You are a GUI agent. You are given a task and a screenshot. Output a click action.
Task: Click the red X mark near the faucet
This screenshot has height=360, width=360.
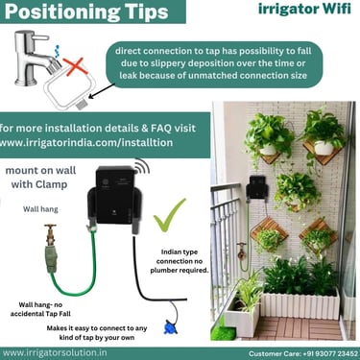[x=75, y=66]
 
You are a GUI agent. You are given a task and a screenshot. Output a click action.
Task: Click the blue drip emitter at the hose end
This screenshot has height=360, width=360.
[x=169, y=327]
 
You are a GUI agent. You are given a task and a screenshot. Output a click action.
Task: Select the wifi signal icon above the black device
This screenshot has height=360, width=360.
[x=142, y=166]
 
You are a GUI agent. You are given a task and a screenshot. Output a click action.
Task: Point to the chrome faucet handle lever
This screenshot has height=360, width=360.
[x=40, y=37]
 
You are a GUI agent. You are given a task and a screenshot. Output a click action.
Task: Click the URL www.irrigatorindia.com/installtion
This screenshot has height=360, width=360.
[x=86, y=142]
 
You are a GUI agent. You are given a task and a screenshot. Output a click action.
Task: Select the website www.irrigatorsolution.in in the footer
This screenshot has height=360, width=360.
[x=55, y=353]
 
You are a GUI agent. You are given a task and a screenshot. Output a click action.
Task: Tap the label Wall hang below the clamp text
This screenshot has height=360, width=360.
[x=40, y=209]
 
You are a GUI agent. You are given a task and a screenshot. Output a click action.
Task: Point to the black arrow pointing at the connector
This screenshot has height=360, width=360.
[x=103, y=90]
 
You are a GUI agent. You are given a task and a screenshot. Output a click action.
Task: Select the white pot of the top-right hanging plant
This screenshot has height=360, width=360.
[x=324, y=148]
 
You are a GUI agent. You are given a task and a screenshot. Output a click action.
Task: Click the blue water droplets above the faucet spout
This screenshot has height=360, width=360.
[x=58, y=51]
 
